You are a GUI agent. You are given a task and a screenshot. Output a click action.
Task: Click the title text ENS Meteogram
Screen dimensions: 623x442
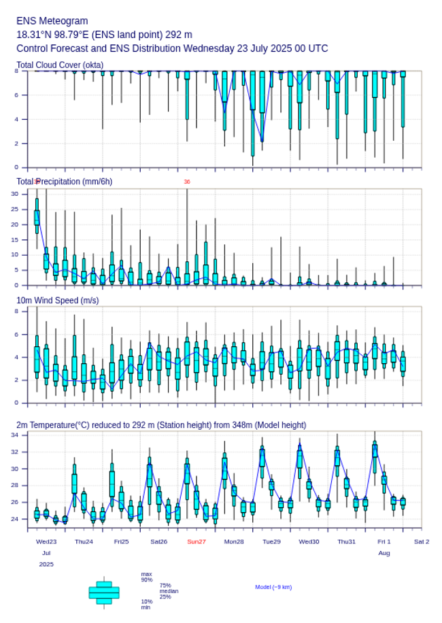52,21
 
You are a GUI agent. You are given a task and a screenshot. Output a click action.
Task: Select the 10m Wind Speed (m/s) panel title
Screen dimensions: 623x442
58,300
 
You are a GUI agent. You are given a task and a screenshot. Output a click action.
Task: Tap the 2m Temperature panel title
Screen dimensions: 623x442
161,425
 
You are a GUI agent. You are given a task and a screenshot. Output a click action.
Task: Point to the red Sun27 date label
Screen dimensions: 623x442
197,541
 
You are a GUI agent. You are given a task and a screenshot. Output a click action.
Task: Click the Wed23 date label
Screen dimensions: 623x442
46,541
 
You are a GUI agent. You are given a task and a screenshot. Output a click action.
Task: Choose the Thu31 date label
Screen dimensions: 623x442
347,541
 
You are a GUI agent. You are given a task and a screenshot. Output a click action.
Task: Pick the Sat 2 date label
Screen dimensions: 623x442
422,541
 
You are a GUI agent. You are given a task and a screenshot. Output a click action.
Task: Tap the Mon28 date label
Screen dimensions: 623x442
234,541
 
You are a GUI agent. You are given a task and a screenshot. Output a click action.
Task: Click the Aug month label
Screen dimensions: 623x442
384,553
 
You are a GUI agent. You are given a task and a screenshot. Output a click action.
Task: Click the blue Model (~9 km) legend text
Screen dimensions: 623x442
273,587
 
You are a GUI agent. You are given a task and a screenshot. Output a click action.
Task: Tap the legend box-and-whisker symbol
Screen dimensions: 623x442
104,592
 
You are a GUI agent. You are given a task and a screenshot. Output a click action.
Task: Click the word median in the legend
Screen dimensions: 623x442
169,591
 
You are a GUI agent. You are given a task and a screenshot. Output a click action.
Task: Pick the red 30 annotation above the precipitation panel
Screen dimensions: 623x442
187,182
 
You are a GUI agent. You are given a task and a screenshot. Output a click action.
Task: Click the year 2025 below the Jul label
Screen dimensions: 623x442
46,565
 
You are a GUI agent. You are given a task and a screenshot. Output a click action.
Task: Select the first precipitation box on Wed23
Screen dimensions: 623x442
37,217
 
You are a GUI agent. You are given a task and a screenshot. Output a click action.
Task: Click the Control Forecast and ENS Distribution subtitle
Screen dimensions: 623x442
172,48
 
